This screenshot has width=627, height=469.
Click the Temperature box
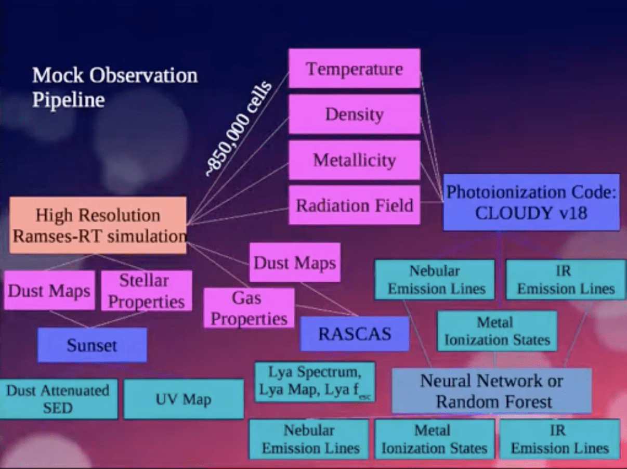354,69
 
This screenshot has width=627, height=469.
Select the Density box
354,114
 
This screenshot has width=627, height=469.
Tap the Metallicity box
354,160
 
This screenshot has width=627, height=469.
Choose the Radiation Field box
354,205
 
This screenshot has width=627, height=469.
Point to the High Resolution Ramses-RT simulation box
98,225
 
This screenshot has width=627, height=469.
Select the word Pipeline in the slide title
68,99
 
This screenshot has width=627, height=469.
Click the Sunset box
92,345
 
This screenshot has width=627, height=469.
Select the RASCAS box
355,333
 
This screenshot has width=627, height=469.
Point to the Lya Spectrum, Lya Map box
315,382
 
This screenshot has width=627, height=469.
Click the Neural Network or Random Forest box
491,390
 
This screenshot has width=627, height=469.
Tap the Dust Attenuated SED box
58,399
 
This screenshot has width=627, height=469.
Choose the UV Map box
183,399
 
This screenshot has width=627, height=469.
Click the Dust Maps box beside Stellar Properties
49,291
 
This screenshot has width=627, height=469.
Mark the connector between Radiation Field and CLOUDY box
432,202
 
